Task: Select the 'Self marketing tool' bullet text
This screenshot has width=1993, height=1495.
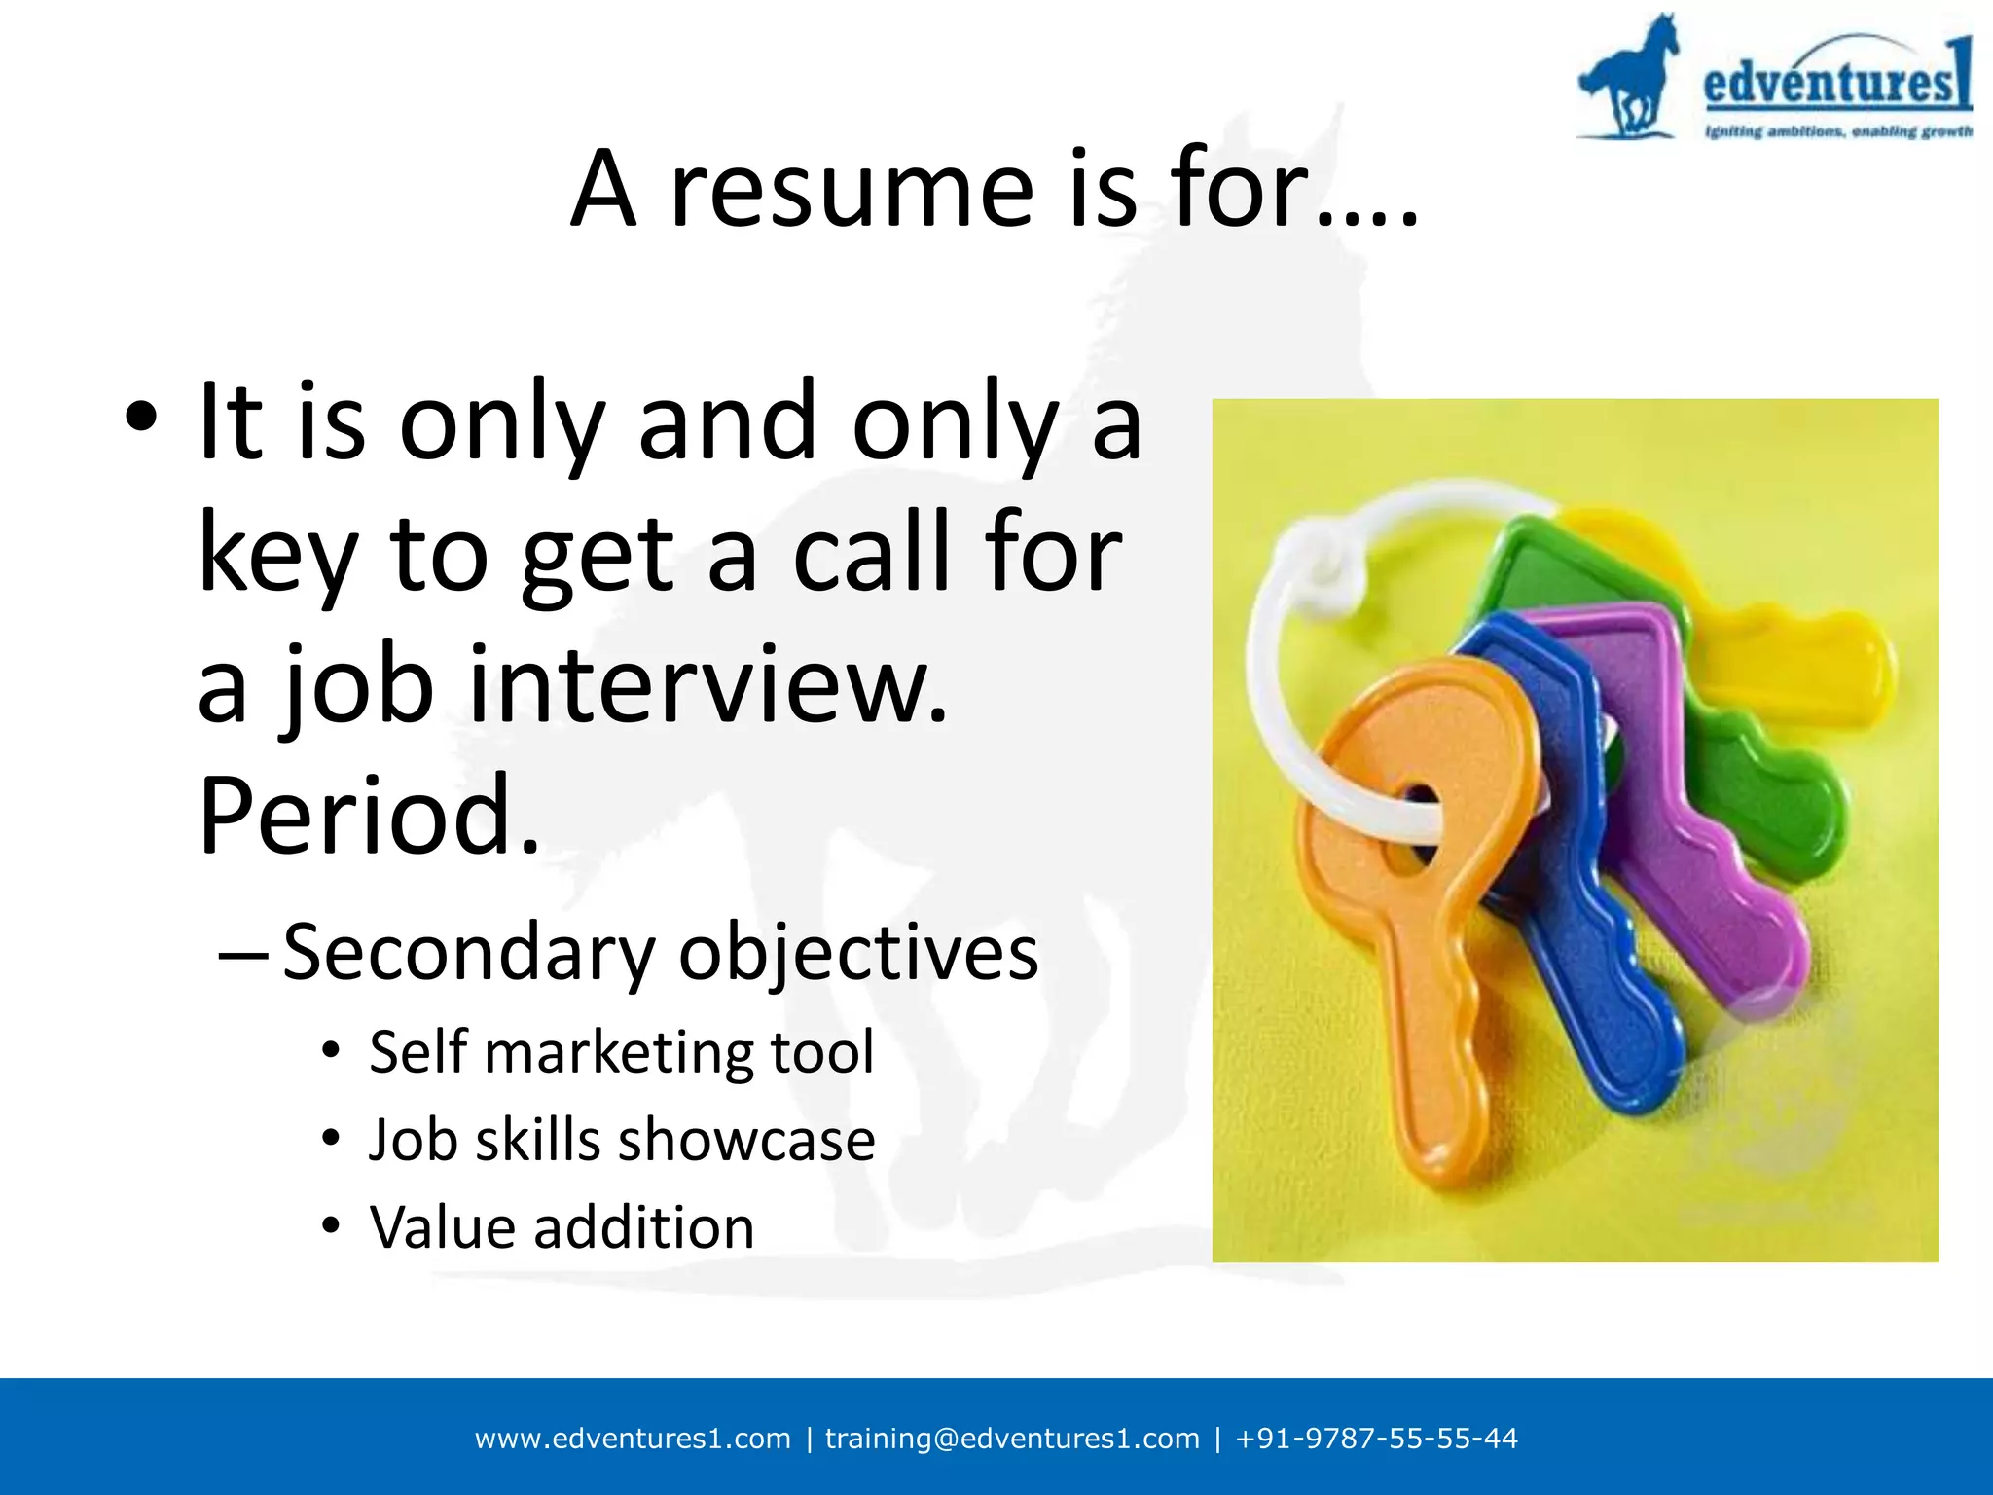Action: pyautogui.click(x=622, y=1052)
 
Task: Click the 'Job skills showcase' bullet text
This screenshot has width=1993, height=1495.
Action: pyautogui.click(x=622, y=1140)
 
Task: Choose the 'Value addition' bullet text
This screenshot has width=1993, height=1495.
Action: pyautogui.click(x=562, y=1227)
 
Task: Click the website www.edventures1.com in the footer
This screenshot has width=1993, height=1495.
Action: pyautogui.click(x=633, y=1439)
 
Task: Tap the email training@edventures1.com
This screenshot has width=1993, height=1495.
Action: pyautogui.click(x=1012, y=1439)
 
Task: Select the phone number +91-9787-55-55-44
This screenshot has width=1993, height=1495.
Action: pyautogui.click(x=1376, y=1439)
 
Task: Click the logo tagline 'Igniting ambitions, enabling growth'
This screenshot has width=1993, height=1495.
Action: pyautogui.click(x=1837, y=131)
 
